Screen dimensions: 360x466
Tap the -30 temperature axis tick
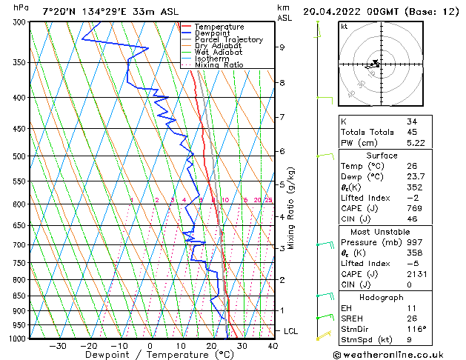coord(57,345)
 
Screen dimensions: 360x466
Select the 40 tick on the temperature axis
coord(273,345)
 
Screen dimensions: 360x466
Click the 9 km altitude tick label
coord(282,47)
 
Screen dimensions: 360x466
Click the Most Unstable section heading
coord(382,231)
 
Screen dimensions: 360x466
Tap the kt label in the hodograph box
coord(344,26)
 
